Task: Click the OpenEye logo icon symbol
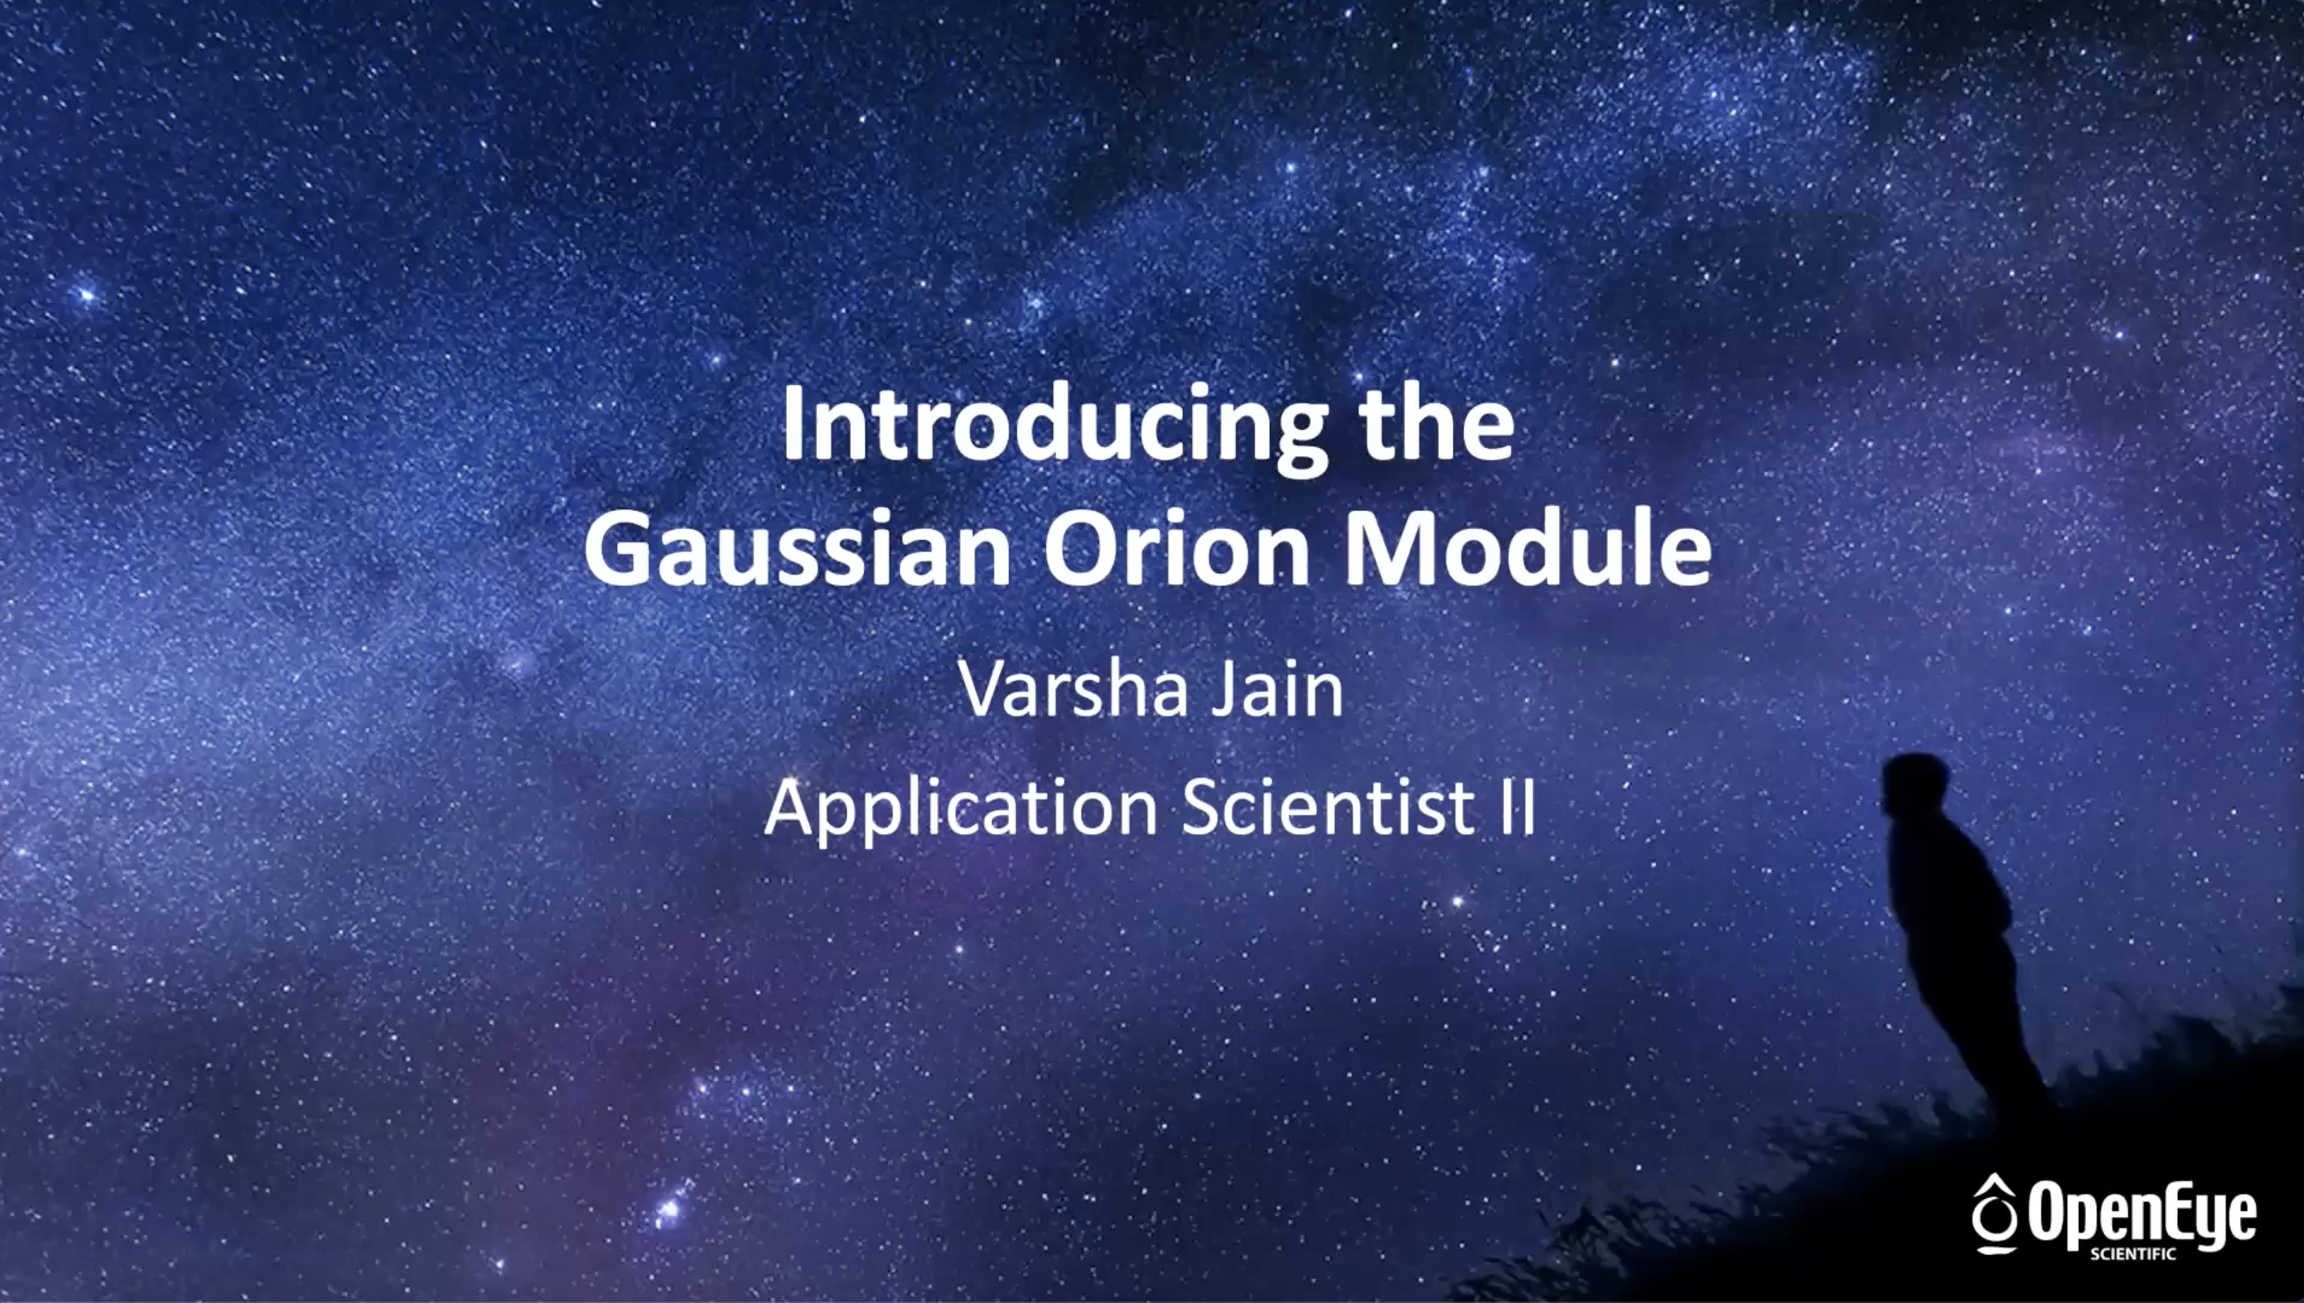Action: point(1994,1214)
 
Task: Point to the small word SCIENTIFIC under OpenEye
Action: point(2132,1254)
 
